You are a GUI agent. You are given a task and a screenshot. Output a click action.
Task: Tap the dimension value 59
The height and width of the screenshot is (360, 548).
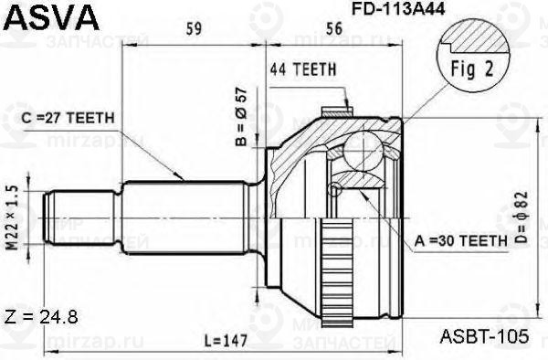[x=194, y=29]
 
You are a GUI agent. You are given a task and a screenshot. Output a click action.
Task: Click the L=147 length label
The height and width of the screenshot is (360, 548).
[x=225, y=340]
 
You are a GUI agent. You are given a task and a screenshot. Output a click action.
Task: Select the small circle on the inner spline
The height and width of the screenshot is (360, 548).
[x=337, y=188]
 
